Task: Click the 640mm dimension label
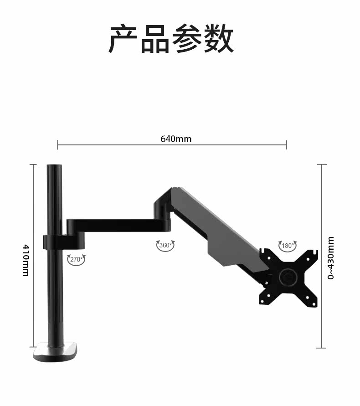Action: tap(176, 139)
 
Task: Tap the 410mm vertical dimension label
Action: tap(26, 260)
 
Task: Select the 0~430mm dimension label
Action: tap(331, 258)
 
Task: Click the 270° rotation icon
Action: tap(76, 260)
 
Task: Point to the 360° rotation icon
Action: tap(165, 246)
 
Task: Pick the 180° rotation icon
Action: tap(287, 246)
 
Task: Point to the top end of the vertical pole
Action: tap(54, 166)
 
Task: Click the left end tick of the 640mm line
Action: tap(57, 145)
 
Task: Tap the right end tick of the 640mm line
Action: tap(286, 145)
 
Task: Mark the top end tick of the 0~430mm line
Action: tap(322, 164)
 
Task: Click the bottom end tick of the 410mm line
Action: tap(33, 347)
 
